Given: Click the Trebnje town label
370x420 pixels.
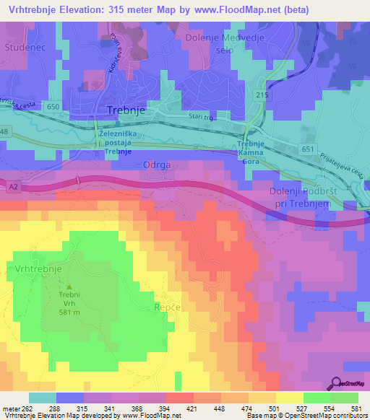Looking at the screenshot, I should pos(126,111).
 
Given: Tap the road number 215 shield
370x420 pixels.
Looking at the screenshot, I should pos(262,95).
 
